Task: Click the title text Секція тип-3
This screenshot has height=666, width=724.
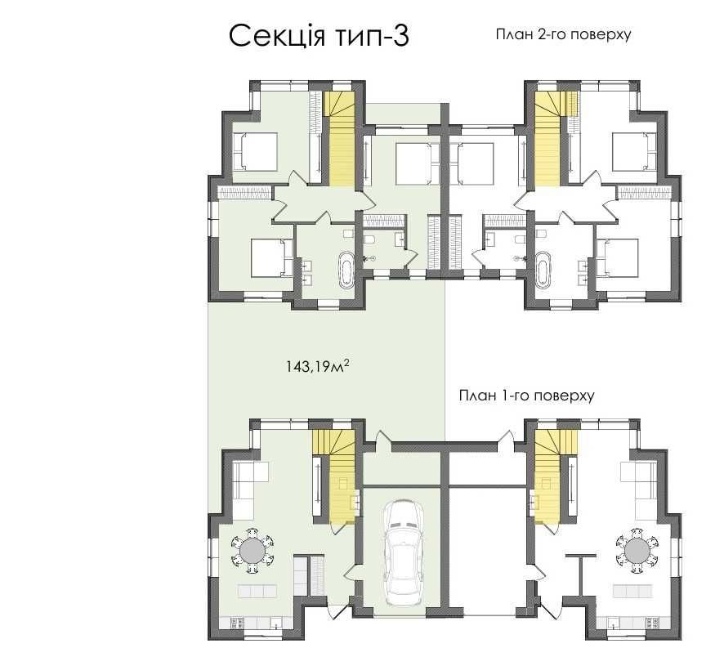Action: click(x=319, y=36)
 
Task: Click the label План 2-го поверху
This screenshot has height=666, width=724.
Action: click(x=563, y=34)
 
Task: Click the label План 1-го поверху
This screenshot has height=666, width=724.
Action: click(x=526, y=396)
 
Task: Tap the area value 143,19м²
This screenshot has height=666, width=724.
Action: click(x=317, y=367)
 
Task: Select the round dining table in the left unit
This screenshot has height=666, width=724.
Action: click(x=252, y=551)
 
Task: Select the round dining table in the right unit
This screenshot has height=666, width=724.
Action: click(x=638, y=551)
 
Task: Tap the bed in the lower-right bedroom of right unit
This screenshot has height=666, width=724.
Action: click(x=617, y=258)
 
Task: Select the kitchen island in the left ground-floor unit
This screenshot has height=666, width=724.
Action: click(x=257, y=590)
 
